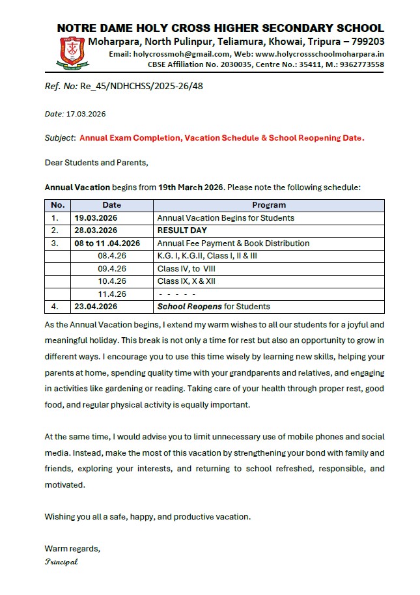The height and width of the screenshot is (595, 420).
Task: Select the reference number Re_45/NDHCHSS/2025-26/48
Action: tap(141, 86)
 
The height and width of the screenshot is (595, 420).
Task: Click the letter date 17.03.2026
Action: tap(86, 114)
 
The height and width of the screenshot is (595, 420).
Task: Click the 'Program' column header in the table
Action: tap(269, 205)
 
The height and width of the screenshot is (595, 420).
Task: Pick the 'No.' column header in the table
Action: tap(58, 205)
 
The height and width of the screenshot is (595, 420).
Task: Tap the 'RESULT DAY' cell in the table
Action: tap(182, 230)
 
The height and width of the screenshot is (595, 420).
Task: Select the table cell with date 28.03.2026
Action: tap(96, 230)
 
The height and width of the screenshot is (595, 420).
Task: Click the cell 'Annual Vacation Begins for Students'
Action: tap(225, 218)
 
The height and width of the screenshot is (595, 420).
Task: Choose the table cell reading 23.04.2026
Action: tap(96, 307)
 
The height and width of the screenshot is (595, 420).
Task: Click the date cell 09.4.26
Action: tap(112, 268)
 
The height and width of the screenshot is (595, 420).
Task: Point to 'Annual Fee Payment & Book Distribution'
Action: tap(233, 243)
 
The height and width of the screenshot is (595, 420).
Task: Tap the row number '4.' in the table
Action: tap(55, 307)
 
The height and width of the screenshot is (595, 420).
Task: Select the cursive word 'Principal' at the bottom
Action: tap(61, 562)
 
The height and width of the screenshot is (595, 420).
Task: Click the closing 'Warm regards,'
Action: tap(72, 548)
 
